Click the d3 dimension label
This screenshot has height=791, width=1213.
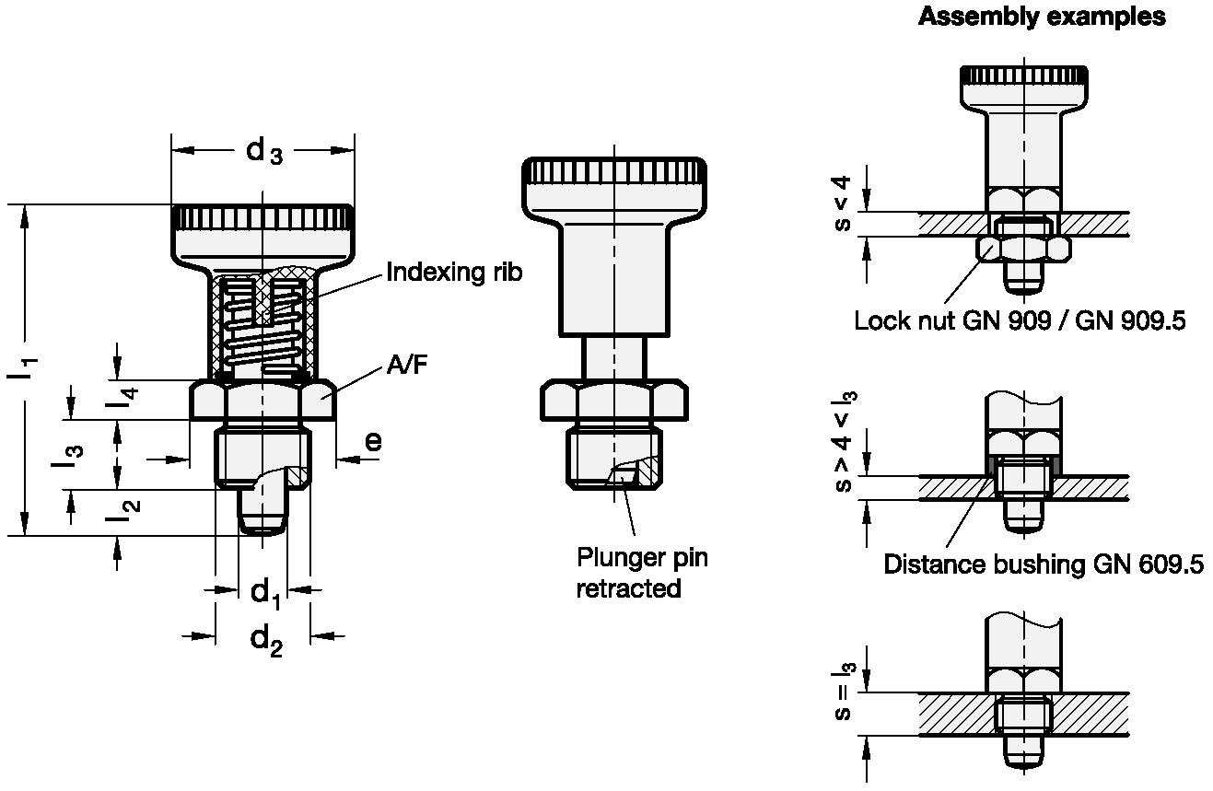click(263, 151)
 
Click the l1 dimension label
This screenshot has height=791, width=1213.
click(23, 368)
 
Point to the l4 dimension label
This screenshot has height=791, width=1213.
click(122, 400)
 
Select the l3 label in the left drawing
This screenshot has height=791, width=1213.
click(67, 456)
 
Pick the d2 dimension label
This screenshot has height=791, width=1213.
click(266, 641)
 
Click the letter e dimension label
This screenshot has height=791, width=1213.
click(374, 441)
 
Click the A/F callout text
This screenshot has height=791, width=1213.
click(407, 365)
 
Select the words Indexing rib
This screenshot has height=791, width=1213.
click(454, 272)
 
